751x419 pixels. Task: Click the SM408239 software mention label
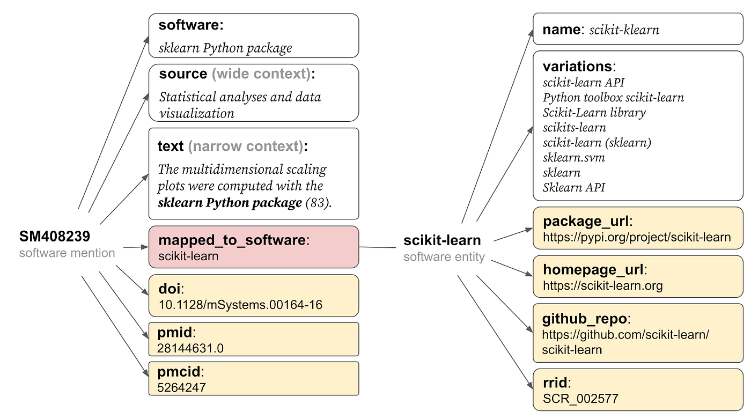(x=55, y=237)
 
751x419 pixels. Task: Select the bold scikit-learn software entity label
(x=442, y=240)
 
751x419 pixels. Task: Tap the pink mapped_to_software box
(x=253, y=247)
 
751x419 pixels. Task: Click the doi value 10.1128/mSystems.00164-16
(x=240, y=305)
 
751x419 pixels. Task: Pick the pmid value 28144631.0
(x=190, y=348)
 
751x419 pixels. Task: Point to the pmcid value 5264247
(x=181, y=387)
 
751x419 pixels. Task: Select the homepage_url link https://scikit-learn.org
(x=602, y=285)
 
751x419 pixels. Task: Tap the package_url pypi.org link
(x=637, y=237)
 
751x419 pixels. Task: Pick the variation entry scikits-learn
(x=574, y=128)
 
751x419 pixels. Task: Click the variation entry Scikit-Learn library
(x=594, y=113)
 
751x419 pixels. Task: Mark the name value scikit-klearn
(x=624, y=30)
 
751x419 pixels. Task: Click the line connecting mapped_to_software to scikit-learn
(x=381, y=247)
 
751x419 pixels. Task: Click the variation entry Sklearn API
(x=573, y=187)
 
